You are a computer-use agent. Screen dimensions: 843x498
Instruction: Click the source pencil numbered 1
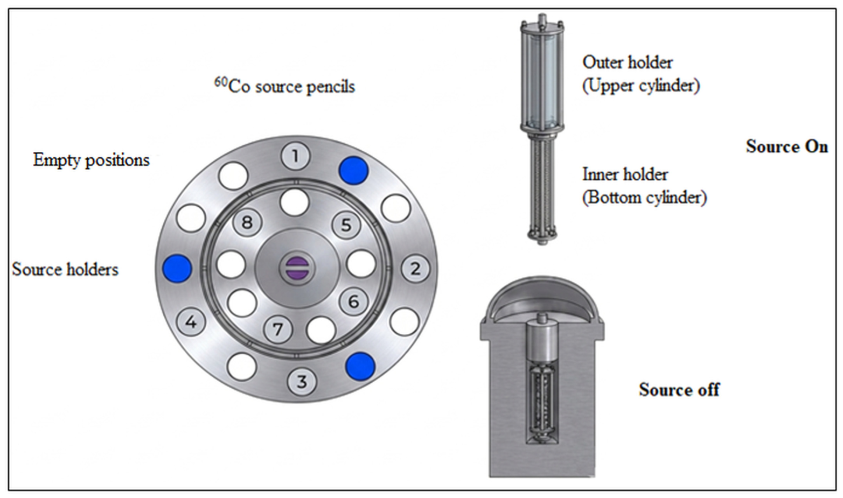295,156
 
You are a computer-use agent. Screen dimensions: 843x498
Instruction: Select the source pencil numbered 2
415,269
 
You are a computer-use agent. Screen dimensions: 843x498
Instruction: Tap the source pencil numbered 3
302,382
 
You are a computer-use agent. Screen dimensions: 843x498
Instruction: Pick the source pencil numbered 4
191,322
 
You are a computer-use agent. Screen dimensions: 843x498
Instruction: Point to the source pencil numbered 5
346,225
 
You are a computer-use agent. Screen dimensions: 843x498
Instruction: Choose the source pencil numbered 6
353,301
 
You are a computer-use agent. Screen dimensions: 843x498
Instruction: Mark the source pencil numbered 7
278,329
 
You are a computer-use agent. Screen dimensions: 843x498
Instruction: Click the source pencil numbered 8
247,222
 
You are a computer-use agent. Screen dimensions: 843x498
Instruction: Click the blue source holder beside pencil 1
353,170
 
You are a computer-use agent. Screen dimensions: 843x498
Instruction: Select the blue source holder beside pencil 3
360,366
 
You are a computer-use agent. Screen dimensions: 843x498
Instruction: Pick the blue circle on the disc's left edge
177,269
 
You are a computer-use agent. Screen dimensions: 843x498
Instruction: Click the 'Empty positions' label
92,160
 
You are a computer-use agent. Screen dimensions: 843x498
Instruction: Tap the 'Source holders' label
65,269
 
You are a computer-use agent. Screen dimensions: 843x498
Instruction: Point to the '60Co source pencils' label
284,86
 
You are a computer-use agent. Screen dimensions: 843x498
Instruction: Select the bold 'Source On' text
787,146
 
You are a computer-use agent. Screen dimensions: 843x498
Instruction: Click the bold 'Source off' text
679,389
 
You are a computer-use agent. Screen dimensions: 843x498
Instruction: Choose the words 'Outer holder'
628,62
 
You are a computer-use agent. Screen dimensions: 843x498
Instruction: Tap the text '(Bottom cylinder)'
645,198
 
